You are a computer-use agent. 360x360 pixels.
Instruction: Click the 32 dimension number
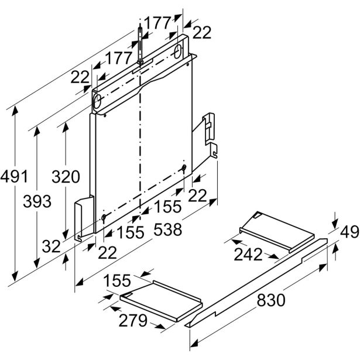pyautogui.click(x=51, y=246)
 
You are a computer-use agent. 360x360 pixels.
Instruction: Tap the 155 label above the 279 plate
pyautogui.click(x=119, y=282)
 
